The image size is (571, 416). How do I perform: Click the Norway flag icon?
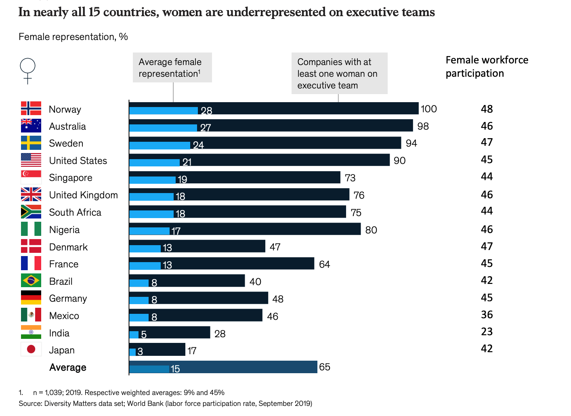(x=31, y=109)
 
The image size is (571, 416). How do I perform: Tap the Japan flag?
(x=31, y=349)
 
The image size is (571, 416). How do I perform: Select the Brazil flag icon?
(x=31, y=280)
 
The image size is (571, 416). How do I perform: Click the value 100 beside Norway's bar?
(x=428, y=109)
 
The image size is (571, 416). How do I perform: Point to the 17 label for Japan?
(x=192, y=351)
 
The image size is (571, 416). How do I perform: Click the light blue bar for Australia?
(x=163, y=128)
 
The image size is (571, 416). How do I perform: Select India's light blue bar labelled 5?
(x=134, y=334)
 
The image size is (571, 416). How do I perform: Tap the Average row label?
(x=68, y=368)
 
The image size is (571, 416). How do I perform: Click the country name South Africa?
(x=75, y=212)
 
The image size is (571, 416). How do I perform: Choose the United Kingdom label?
(x=84, y=195)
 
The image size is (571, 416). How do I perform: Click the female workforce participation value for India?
(x=487, y=332)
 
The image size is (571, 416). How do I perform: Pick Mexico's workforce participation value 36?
(x=487, y=315)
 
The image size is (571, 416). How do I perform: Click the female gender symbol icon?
(x=27, y=71)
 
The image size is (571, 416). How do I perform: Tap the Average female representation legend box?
(x=172, y=67)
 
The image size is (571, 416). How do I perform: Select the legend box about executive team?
(x=339, y=73)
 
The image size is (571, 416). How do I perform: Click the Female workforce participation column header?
(x=487, y=67)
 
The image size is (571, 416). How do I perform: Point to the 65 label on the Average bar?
(x=325, y=367)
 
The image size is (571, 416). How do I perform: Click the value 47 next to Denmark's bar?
(x=275, y=247)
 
